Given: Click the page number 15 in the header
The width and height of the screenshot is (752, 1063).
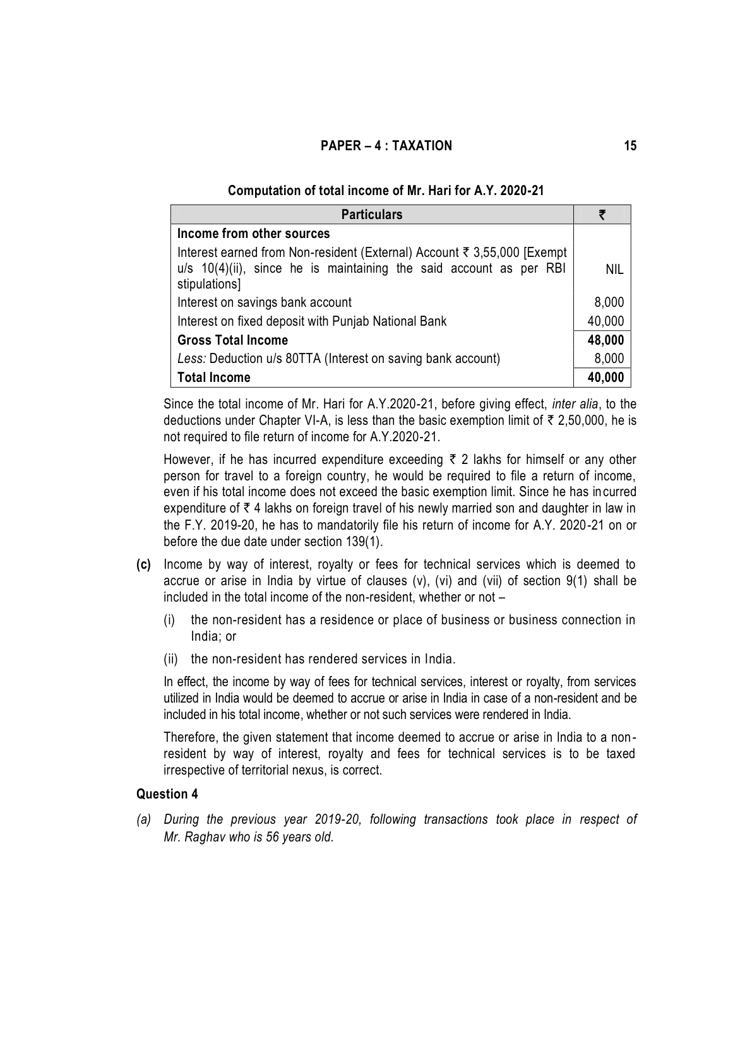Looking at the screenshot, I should pos(630,146).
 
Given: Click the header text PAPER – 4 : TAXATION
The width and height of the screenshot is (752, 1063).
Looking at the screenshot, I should pos(386,146).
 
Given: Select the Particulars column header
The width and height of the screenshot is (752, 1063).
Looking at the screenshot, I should pos(371,215).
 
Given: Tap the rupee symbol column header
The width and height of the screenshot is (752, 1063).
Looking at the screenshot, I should pos(602,215).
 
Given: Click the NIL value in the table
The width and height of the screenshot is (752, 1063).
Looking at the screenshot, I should pos(614,270).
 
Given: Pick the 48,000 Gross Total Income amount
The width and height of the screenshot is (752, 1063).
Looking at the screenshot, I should pos(605,340).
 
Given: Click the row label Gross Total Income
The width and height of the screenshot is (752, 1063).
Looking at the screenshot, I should pos(232,340).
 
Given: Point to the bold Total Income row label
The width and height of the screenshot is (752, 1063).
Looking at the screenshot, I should pos(213,377).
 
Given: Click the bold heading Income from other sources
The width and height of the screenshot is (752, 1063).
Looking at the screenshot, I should pos(253,234).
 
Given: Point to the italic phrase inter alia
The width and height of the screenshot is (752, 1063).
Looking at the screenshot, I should pos(575,404).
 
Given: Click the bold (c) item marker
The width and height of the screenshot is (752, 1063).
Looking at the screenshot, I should pos(144,564).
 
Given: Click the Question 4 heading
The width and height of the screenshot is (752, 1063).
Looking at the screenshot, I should pos(167,794).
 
